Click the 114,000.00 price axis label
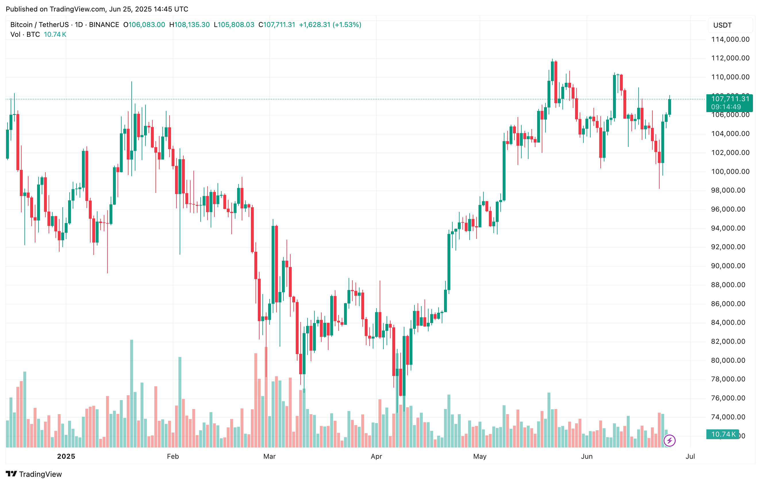730,39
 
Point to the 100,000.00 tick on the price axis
730,172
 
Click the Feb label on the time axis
173,456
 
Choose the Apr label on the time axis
376,456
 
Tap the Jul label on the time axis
690,456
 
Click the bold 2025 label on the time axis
66,456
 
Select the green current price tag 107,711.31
730,99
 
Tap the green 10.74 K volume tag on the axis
723,434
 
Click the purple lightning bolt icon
669,440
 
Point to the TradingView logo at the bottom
34,474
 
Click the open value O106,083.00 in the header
144,25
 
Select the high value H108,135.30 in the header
190,25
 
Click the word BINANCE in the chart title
104,25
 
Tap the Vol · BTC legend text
25,34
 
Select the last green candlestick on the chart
669,107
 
